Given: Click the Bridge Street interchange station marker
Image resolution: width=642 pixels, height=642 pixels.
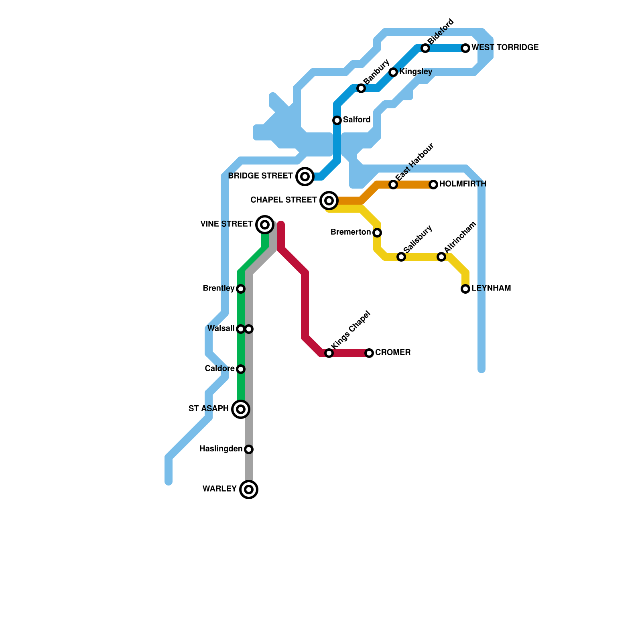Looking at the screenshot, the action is coord(305,177).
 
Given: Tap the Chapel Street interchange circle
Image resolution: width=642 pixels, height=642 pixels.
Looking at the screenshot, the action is coord(329,200).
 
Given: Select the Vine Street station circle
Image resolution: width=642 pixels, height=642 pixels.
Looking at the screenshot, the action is coord(265,225).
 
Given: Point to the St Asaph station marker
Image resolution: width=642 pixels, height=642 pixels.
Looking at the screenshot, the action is coord(241,409).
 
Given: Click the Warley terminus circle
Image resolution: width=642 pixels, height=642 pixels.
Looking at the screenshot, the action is coord(249,490).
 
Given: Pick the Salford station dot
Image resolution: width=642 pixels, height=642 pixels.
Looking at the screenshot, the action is coord(337,120).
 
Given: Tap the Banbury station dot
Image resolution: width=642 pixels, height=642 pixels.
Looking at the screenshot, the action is coord(361,88).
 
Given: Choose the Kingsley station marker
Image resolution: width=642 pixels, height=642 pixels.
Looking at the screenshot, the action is coord(393,72).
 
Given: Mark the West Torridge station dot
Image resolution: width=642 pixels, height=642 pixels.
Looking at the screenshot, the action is coord(465,48).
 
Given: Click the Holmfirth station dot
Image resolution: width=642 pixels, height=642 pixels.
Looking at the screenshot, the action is coord(433,185).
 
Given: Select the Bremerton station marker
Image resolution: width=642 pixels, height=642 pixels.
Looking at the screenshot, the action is coord(377,233).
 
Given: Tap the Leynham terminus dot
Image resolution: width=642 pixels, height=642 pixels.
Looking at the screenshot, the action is coord(465,289).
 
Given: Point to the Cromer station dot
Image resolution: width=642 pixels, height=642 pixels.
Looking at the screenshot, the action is coord(369,353).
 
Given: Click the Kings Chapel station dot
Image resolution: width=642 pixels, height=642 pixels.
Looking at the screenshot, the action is coord(329,353).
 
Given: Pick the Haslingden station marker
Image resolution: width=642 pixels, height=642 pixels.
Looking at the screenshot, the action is coord(249,449).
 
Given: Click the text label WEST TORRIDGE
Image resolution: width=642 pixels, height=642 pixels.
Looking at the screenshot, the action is coord(505,48).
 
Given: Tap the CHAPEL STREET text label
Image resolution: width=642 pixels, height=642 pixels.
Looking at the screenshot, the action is coord(284,200).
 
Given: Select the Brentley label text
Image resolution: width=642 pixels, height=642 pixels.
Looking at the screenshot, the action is coord(219,288).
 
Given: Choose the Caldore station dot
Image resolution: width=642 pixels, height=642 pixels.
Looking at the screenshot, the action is coord(241,369).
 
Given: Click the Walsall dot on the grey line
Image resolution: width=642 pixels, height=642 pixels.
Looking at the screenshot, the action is coord(249,329).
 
